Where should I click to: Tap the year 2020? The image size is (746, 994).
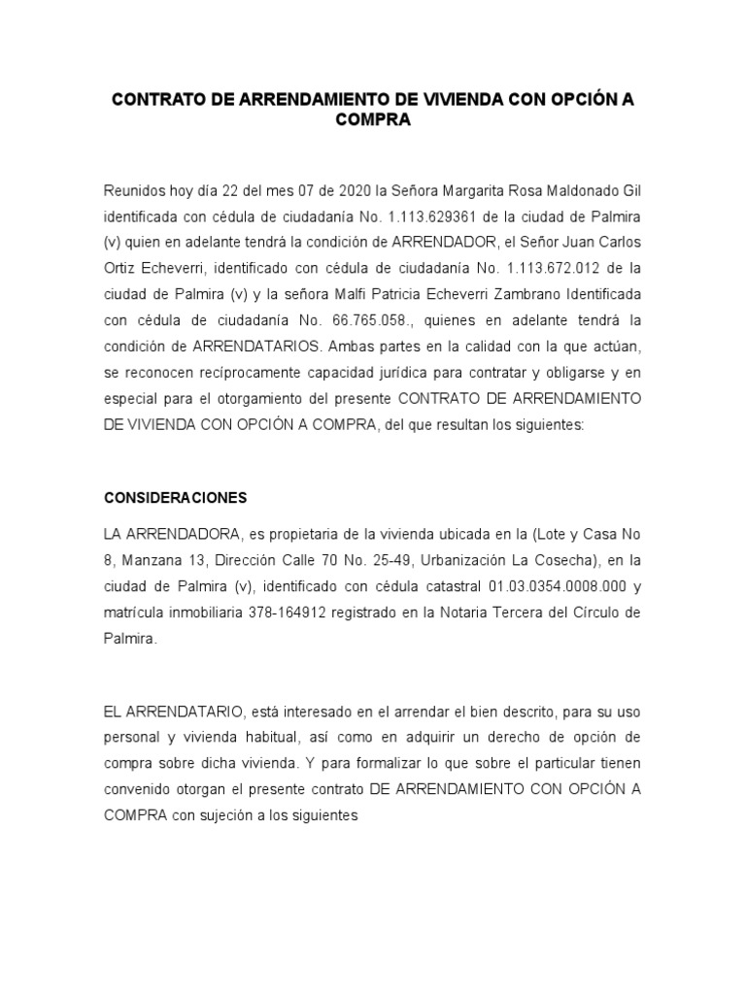pyautogui.click(x=330, y=163)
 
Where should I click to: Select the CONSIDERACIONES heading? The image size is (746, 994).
pyautogui.click(x=176, y=498)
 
